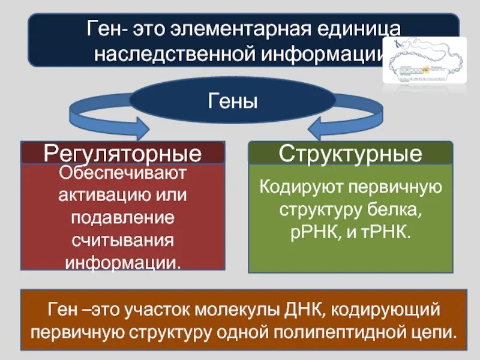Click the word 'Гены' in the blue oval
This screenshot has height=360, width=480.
click(233, 100)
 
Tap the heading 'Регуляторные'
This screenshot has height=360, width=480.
click(122, 154)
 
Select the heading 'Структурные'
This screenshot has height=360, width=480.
click(350, 154)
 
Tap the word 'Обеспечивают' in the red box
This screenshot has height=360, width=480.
click(123, 174)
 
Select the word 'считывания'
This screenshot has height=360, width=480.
click(123, 241)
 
